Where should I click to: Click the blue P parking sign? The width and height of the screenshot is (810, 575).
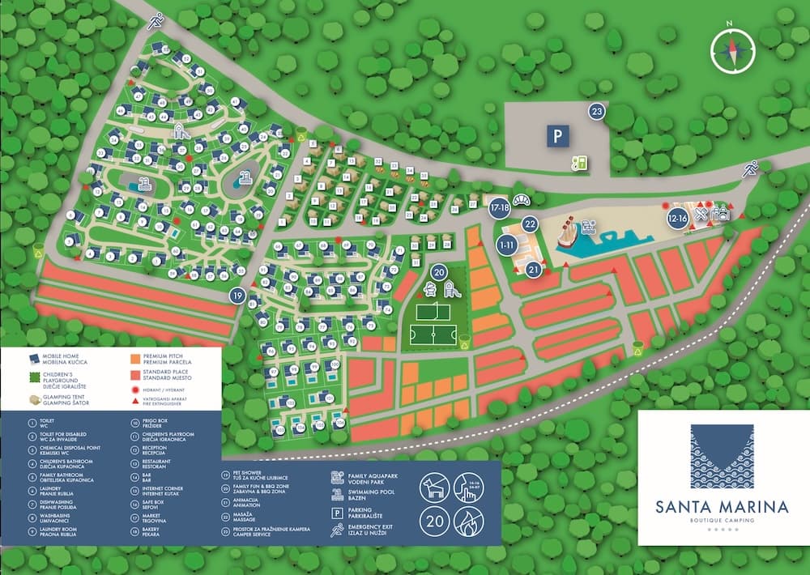click(x=556, y=137)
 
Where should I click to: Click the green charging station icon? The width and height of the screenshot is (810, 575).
click(x=579, y=163)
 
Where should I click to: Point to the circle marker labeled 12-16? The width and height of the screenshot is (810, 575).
click(x=677, y=217)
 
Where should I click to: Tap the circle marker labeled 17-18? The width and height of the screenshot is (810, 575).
click(x=499, y=207)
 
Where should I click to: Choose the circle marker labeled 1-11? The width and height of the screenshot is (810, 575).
click(x=508, y=245)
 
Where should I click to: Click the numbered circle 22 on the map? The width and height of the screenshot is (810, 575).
click(x=530, y=224)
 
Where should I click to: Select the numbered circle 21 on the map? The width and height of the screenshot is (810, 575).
click(x=534, y=269)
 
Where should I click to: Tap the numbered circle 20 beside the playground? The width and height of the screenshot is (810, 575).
click(x=439, y=272)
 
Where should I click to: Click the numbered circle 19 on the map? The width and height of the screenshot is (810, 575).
click(x=237, y=296)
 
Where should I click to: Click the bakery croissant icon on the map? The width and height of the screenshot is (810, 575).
click(x=522, y=200)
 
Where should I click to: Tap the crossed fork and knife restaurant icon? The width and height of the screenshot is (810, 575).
click(x=701, y=215)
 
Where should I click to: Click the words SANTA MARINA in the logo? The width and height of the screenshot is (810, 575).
click(x=712, y=507)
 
